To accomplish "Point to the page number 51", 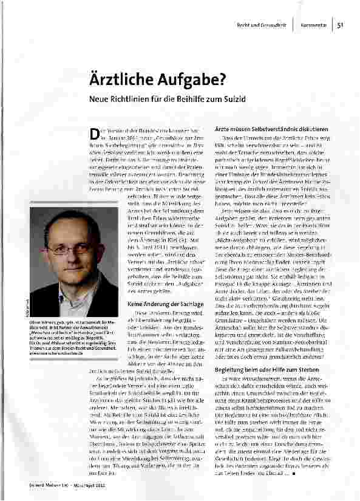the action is tap(341, 24).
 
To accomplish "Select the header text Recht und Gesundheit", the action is tap(262, 24).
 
